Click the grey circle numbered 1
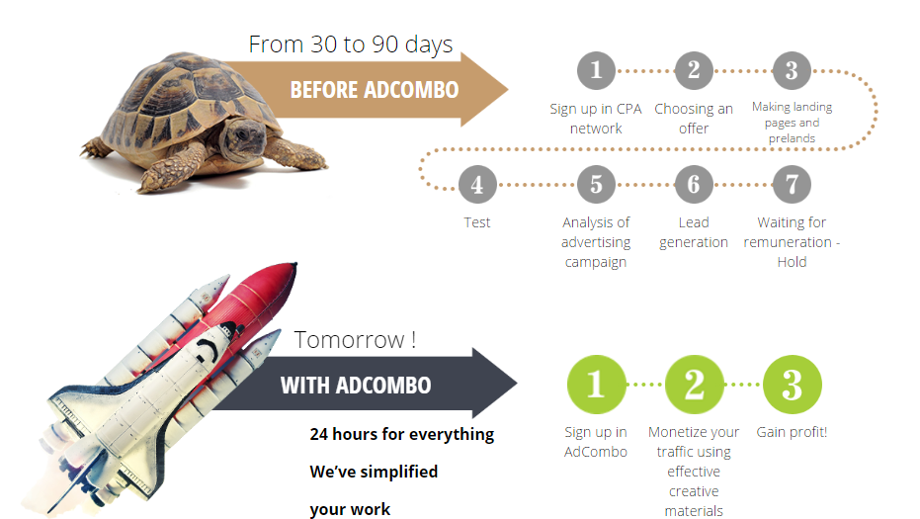[596, 70]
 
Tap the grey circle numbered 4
[477, 184]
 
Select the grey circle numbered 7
[792, 184]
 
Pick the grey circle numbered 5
[596, 184]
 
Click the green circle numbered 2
[694, 385]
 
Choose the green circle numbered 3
[793, 385]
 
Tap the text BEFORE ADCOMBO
[375, 90]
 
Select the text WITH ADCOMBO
[356, 386]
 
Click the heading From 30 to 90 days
[351, 44]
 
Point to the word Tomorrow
[349, 340]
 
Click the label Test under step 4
[477, 222]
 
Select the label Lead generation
[694, 232]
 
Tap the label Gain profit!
[792, 432]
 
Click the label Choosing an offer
[694, 119]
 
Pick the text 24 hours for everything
[402, 434]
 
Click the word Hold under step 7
[793, 262]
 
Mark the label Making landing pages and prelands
[793, 123]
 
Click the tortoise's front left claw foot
[157, 179]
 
